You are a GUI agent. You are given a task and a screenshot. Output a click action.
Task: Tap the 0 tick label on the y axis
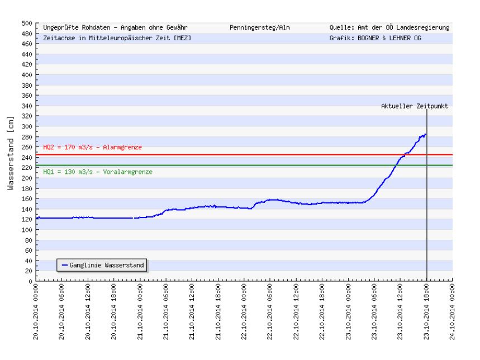pos(31,281)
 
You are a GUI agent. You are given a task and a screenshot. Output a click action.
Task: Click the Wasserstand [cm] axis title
pos(11,153)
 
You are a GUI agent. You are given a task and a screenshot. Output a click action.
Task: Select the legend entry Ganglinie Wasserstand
pos(103,264)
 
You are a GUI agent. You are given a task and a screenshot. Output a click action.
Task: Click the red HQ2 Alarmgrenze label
pos(92,147)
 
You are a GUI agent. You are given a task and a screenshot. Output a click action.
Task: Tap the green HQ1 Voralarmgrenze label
pos(97,172)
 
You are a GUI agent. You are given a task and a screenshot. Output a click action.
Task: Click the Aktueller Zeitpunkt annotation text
pos(415,106)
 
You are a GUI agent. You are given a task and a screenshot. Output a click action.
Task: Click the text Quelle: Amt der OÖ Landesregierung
pos(389,27)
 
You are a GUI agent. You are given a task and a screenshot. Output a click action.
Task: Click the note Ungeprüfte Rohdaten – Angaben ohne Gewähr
pos(115,27)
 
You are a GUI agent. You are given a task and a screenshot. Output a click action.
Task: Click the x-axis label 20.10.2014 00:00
pos(36,314)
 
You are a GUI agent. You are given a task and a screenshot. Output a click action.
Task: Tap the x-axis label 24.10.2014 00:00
pos(452,314)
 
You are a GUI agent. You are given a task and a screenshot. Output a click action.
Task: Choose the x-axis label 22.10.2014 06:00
pos(270,314)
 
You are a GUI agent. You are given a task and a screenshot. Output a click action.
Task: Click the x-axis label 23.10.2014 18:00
pos(426,314)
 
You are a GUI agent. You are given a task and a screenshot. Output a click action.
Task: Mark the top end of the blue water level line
pos(426,134)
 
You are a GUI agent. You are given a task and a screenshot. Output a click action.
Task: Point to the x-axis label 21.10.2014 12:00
pos(192,314)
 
